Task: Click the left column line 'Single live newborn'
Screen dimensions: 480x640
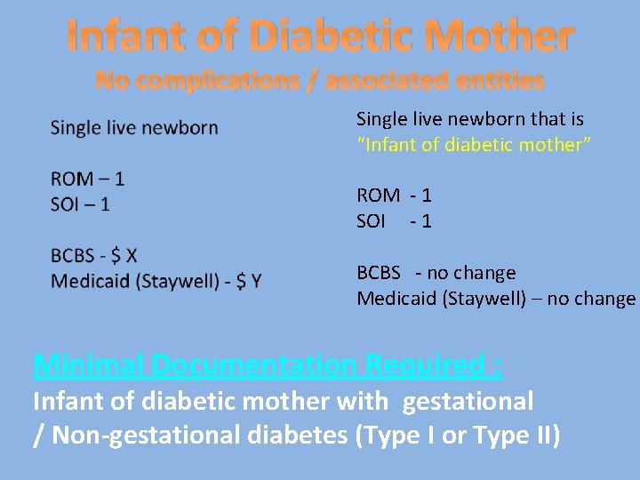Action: (x=134, y=127)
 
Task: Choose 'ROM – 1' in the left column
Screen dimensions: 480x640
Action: (x=87, y=178)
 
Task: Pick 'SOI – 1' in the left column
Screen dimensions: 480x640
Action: (x=80, y=204)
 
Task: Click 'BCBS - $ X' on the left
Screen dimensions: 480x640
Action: (x=94, y=256)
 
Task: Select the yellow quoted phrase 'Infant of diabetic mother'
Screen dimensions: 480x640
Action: (x=474, y=144)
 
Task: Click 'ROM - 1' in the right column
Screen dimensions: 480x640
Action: (x=394, y=196)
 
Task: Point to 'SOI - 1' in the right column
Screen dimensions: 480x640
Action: (x=394, y=221)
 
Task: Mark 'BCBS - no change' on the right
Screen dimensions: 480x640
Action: (x=436, y=273)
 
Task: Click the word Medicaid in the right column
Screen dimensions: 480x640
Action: (x=394, y=299)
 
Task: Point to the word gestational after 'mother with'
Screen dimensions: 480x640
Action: (x=468, y=402)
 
